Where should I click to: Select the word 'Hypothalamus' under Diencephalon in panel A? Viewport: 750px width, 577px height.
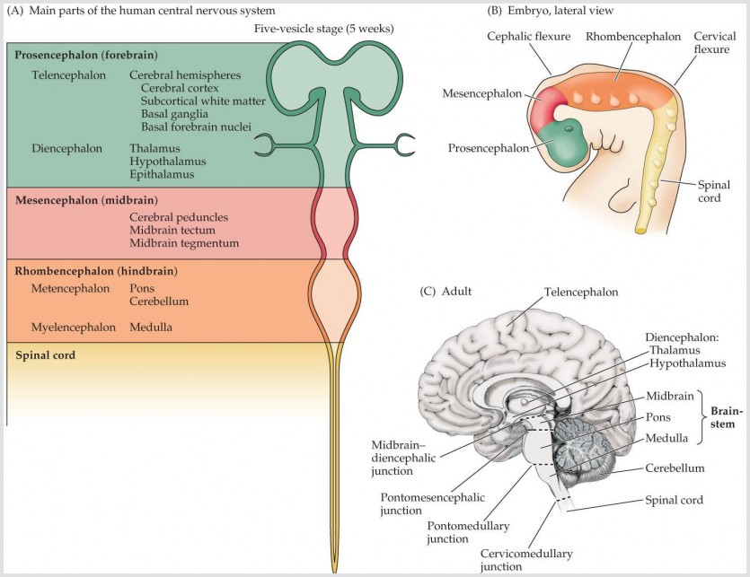click(x=166, y=160)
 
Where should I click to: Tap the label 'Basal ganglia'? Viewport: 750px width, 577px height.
click(x=177, y=113)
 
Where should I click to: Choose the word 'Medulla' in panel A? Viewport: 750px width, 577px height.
click(x=151, y=328)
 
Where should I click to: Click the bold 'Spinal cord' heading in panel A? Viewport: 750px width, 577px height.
click(x=45, y=354)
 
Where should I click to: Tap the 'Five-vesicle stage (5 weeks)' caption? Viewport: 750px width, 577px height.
click(x=325, y=28)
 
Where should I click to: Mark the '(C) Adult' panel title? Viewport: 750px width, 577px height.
click(x=446, y=293)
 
